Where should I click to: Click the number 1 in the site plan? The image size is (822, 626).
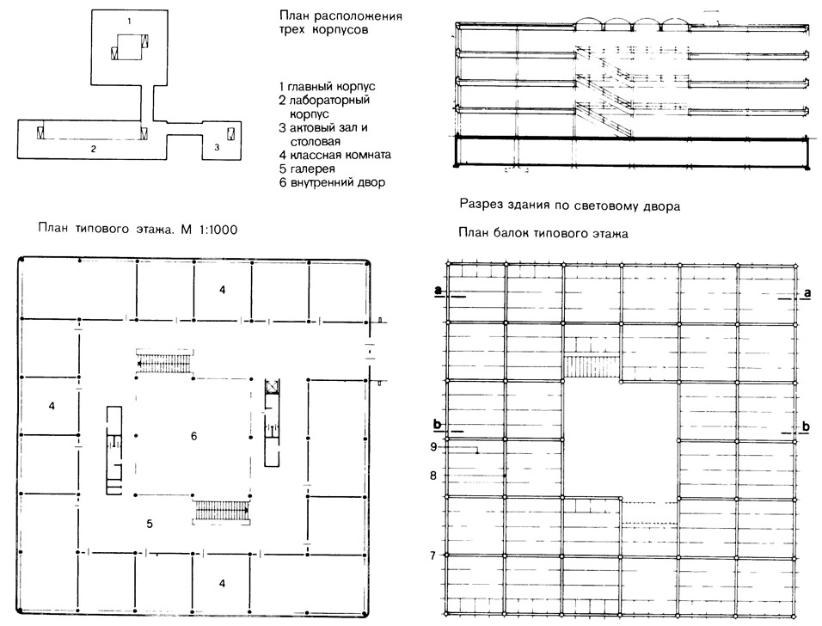(x=129, y=21)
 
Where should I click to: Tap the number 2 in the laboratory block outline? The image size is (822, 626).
(x=94, y=149)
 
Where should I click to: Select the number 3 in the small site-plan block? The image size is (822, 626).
(x=217, y=147)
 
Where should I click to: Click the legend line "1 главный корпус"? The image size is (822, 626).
(x=327, y=87)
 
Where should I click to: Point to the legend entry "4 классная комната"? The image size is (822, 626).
(x=335, y=155)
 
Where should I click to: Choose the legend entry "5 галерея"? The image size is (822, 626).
(x=307, y=169)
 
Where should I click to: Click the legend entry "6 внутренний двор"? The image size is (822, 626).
(x=333, y=182)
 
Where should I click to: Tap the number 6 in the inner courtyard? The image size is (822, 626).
(x=194, y=436)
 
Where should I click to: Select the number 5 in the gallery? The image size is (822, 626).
(x=150, y=523)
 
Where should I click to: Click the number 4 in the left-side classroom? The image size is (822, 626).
(x=52, y=406)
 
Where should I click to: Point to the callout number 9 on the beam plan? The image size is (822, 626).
(x=433, y=446)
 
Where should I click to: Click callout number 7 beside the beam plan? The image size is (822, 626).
(x=433, y=555)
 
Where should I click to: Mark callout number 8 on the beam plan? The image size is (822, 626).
(x=433, y=476)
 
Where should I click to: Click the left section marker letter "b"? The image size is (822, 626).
(x=438, y=424)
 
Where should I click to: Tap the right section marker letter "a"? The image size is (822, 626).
(x=807, y=292)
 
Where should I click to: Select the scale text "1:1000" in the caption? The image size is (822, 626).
(x=218, y=230)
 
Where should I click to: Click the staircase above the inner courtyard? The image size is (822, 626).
(x=165, y=360)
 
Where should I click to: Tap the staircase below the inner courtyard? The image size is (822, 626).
(x=222, y=510)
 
